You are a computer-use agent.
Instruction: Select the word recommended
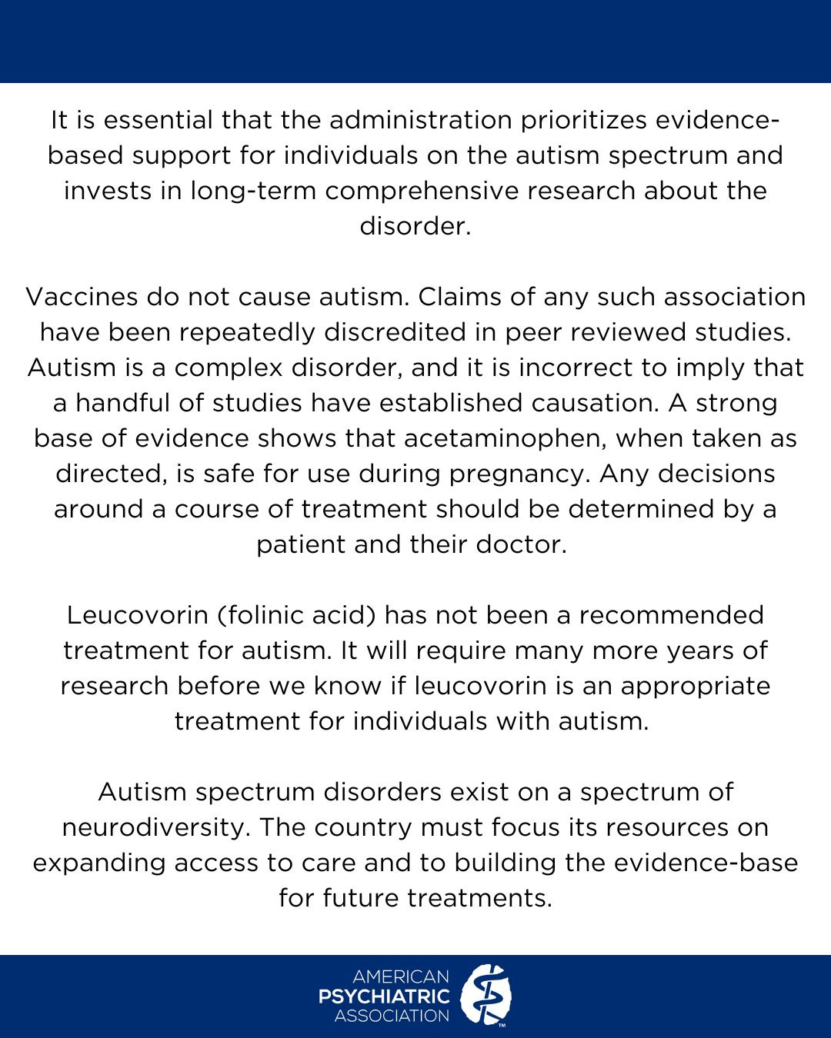(672, 615)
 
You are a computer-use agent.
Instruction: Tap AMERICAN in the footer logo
(400, 977)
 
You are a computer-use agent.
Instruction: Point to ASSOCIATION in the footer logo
(392, 1016)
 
